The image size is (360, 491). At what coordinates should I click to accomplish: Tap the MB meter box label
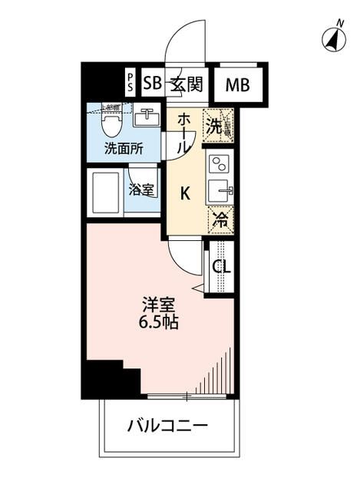tap(237, 86)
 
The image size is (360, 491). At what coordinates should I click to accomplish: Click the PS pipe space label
tap(130, 84)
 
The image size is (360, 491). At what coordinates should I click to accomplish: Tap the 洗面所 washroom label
tap(124, 149)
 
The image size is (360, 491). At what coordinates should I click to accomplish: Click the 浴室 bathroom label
tap(141, 189)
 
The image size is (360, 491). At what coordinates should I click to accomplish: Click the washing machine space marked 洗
tap(217, 126)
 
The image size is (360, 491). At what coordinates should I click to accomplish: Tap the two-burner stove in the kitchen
tap(220, 164)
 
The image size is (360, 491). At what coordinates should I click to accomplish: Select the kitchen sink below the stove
tap(220, 189)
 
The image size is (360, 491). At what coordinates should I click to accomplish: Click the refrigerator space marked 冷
tap(220, 218)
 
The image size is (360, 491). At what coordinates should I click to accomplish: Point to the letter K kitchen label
tap(185, 193)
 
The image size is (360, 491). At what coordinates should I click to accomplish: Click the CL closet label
tap(220, 267)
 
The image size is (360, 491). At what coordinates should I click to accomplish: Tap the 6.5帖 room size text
tap(160, 322)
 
